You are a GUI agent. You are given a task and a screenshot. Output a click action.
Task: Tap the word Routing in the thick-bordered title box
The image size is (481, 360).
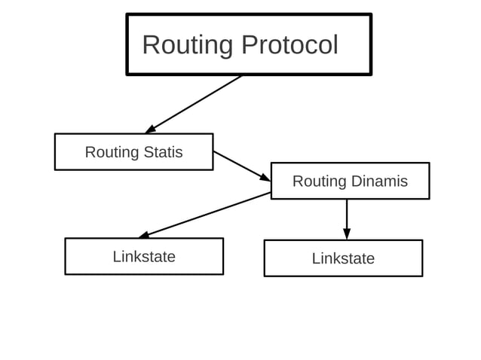pos(188,45)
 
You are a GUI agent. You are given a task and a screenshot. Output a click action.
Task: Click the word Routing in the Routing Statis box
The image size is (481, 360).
pos(110,152)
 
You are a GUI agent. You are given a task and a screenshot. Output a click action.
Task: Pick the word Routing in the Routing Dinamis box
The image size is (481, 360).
pos(319,182)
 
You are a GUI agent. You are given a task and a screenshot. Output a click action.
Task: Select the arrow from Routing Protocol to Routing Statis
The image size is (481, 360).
pos(195,104)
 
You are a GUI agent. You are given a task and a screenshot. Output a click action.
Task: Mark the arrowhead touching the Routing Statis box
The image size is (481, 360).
pos(151,129)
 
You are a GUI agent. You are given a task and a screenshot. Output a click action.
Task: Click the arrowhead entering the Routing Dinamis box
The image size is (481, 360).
pos(265,178)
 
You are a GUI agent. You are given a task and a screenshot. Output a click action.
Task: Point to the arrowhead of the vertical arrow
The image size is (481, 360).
pos(347,234)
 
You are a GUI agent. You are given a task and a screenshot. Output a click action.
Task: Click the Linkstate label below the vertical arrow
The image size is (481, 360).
pos(343,258)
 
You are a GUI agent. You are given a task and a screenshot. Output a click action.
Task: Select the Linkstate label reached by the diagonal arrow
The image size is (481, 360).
pos(144,257)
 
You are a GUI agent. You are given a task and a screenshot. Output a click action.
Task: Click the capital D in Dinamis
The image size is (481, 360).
pos(357,182)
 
